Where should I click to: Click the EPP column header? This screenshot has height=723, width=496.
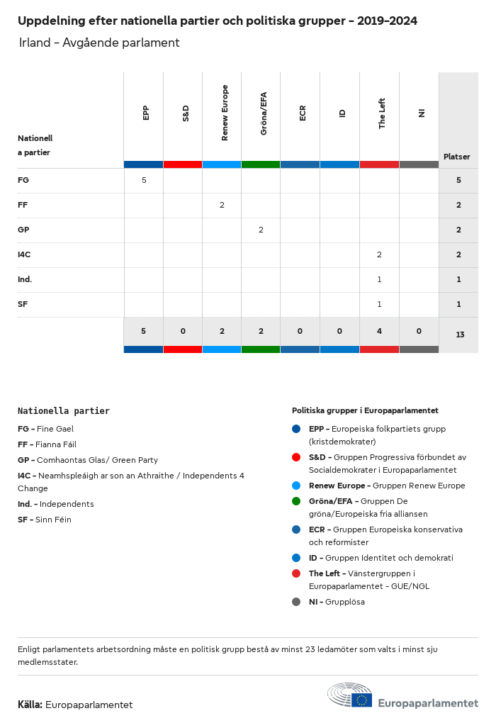(x=146, y=113)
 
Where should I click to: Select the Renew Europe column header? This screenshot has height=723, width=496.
(x=225, y=113)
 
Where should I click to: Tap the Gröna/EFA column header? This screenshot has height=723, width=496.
(x=264, y=113)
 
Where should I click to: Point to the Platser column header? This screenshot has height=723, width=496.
(x=457, y=157)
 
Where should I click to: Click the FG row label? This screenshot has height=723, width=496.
(x=23, y=180)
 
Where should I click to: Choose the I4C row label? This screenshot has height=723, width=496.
(x=24, y=254)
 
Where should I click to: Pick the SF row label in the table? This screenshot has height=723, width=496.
(x=23, y=304)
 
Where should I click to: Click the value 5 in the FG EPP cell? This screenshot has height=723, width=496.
(x=144, y=180)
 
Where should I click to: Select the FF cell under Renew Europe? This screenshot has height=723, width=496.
(x=222, y=205)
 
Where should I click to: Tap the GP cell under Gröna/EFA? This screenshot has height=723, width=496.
(x=261, y=230)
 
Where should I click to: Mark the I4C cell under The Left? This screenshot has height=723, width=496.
(x=379, y=254)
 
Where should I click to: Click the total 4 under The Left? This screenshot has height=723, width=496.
(x=379, y=331)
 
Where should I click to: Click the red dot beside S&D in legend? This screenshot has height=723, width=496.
(x=296, y=457)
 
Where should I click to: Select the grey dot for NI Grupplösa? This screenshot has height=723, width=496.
(x=296, y=602)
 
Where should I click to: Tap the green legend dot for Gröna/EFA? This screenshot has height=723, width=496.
(x=296, y=501)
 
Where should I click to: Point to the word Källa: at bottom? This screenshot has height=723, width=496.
(x=30, y=705)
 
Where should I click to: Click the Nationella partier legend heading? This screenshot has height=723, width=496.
(x=64, y=410)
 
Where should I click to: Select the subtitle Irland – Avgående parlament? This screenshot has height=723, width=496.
(x=99, y=43)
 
